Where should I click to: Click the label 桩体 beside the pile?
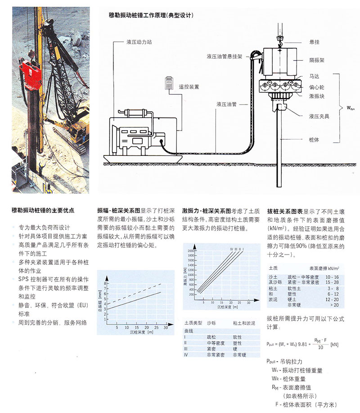tap(314, 140)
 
